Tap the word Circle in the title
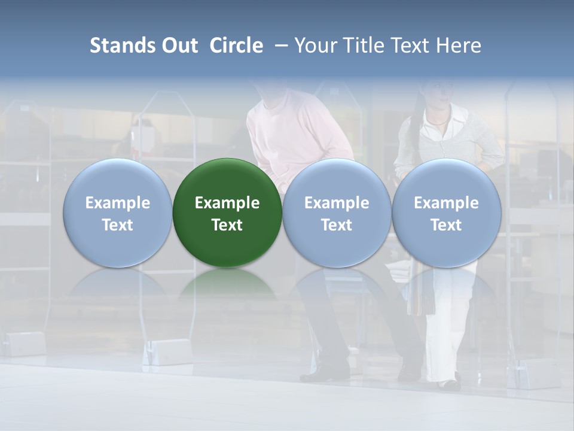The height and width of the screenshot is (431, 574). click(x=236, y=45)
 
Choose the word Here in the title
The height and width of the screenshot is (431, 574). click(x=459, y=45)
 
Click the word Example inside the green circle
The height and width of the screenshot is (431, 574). click(x=227, y=203)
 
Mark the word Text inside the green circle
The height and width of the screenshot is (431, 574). click(x=227, y=225)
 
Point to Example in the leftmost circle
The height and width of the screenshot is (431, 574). click(x=118, y=203)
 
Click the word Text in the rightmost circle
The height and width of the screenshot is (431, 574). click(x=447, y=225)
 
